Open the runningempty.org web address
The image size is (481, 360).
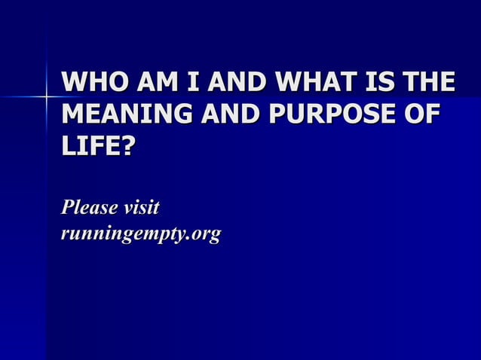click(x=142, y=235)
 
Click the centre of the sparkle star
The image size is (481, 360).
click(x=46, y=96)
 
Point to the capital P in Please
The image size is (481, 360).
click(x=69, y=206)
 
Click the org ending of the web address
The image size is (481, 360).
click(x=205, y=236)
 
